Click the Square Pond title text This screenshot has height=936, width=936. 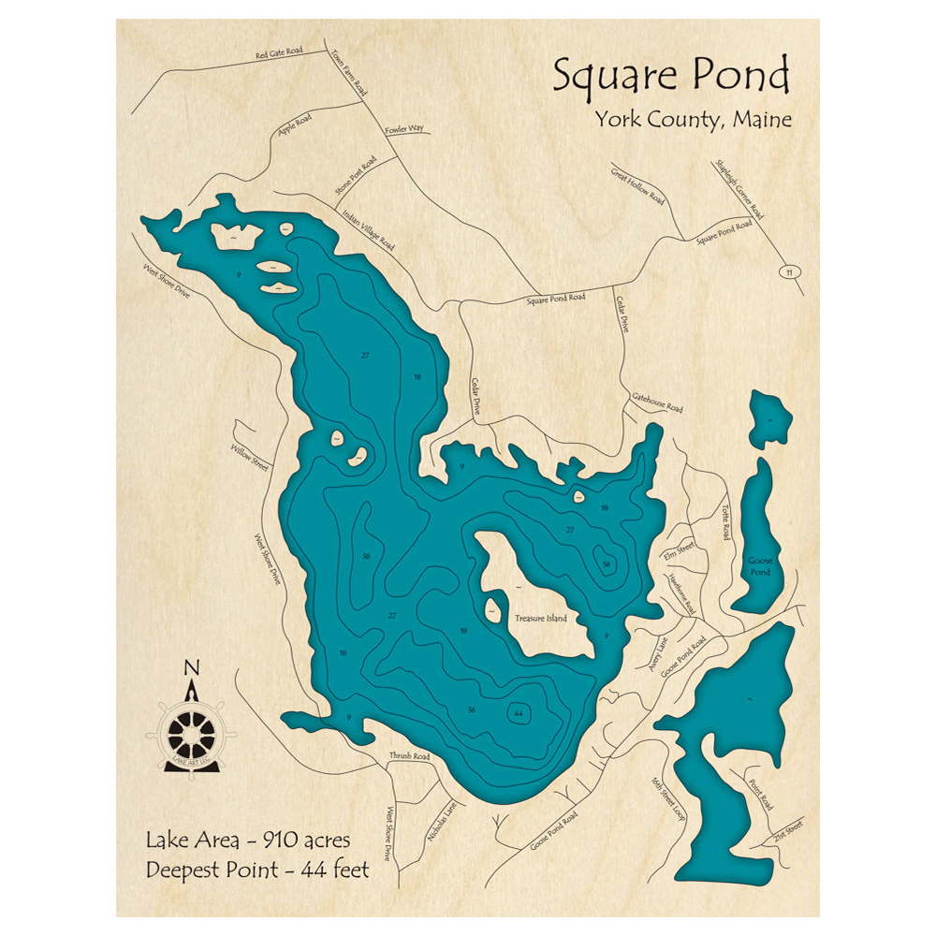click(670, 76)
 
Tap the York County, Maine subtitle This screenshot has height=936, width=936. click(692, 121)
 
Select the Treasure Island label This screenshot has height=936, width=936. click(541, 619)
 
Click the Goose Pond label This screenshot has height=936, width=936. click(759, 566)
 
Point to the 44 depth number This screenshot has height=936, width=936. click(518, 714)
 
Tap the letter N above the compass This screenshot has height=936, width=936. click(192, 667)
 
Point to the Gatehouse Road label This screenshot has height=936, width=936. click(658, 402)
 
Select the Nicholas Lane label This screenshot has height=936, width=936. click(442, 821)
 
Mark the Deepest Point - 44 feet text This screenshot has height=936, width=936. click(257, 870)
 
